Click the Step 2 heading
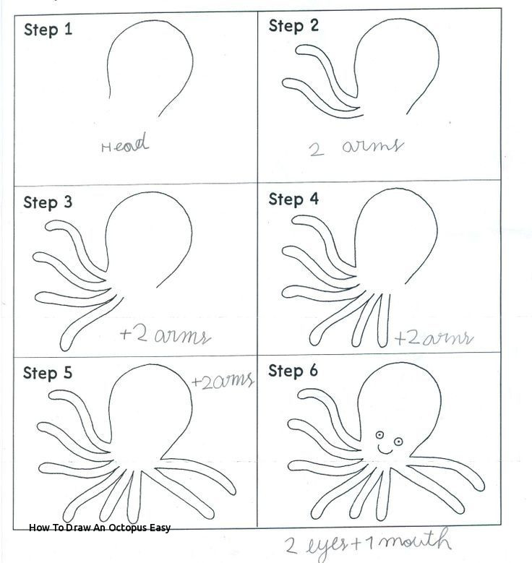coord(293,26)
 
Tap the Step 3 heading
coord(48,202)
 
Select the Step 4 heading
coord(293,199)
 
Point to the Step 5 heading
coord(48,373)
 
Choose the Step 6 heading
coord(293,371)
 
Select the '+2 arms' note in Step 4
coord(434,338)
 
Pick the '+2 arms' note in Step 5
coord(223,381)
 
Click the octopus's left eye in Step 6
coord(378,434)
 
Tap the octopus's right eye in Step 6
coord(395,440)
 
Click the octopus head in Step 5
coord(152,408)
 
